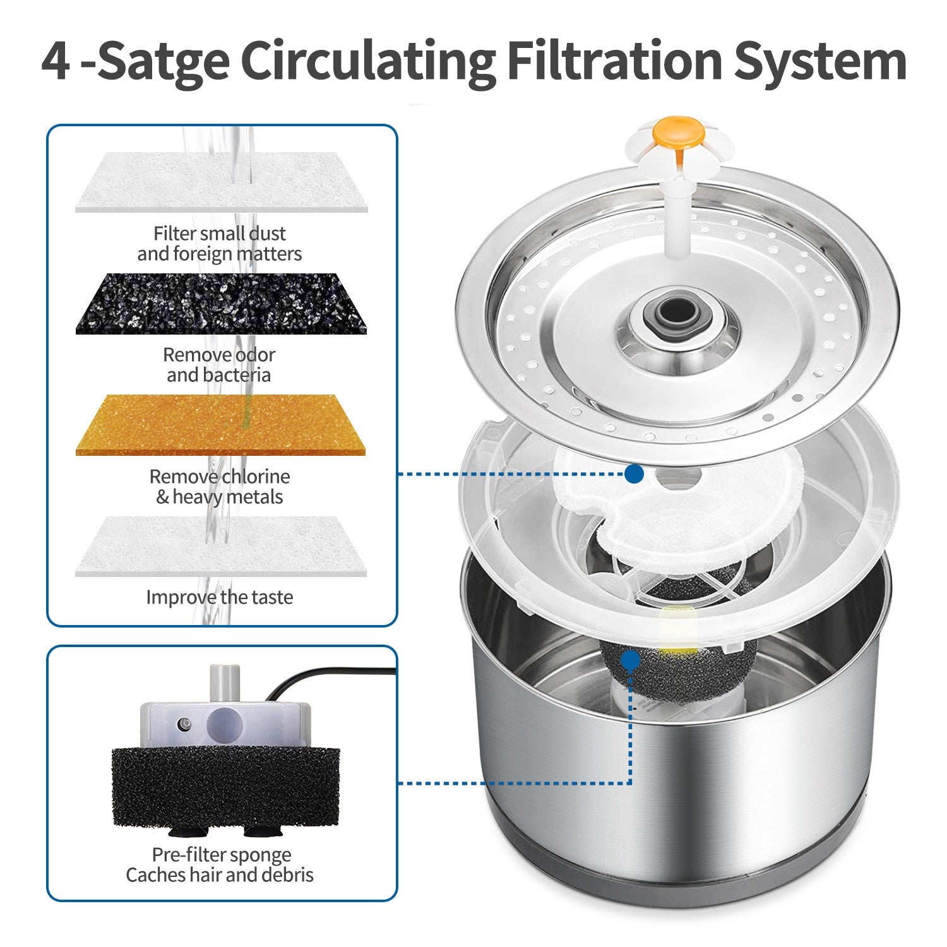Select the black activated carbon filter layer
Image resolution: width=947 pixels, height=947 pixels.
[220, 304]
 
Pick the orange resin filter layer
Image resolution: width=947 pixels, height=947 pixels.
[220, 425]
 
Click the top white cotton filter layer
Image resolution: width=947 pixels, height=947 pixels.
[220, 182]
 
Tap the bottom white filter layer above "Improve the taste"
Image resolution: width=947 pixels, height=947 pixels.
[220, 546]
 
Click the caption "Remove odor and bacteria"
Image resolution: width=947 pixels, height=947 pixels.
[219, 365]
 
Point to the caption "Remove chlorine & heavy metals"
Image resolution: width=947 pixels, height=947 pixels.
[219, 487]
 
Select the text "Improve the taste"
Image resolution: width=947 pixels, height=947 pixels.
[219, 597]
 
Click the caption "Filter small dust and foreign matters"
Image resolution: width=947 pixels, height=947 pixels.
[219, 244]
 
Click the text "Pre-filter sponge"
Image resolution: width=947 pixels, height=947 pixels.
[221, 855]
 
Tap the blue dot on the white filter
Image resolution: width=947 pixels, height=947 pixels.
[634, 473]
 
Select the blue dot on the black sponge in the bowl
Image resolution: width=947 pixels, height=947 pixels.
[629, 660]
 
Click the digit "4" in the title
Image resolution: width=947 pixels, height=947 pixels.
[56, 61]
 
